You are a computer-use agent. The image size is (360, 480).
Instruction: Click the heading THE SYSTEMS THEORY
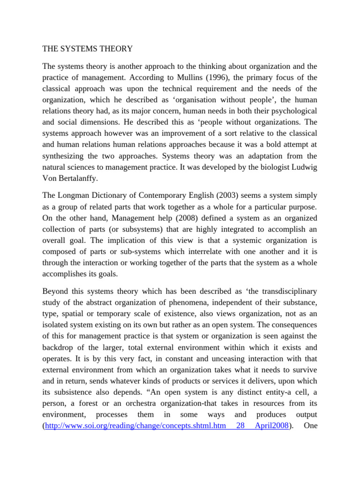[88, 48]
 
